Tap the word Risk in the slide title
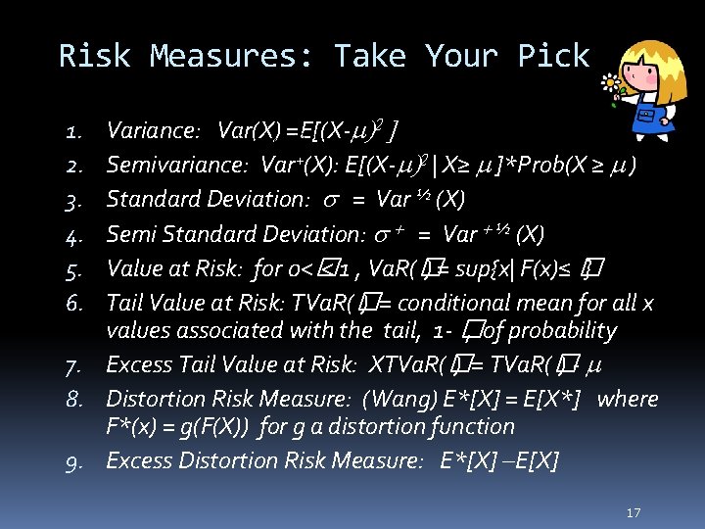coord(94,56)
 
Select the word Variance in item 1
coord(150,129)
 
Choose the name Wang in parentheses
coord(399,399)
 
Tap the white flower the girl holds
coord(613,84)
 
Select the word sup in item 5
coord(487,266)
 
